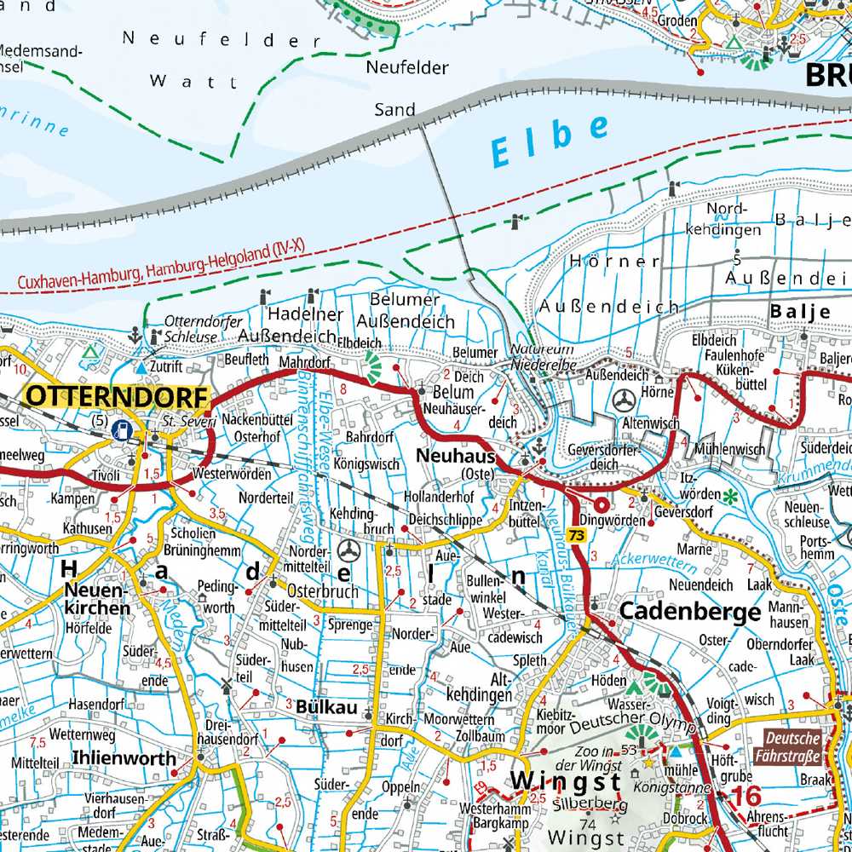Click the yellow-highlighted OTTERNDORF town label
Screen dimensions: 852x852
click(118, 396)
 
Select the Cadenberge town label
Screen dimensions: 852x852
click(689, 611)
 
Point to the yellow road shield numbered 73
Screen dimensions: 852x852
click(579, 534)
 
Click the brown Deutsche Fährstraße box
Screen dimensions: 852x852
click(792, 746)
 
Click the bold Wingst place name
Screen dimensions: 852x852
click(566, 780)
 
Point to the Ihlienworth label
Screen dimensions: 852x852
click(124, 758)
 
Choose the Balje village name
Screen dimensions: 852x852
click(800, 312)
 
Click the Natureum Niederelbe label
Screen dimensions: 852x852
click(544, 357)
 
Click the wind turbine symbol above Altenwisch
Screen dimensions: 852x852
click(625, 399)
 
